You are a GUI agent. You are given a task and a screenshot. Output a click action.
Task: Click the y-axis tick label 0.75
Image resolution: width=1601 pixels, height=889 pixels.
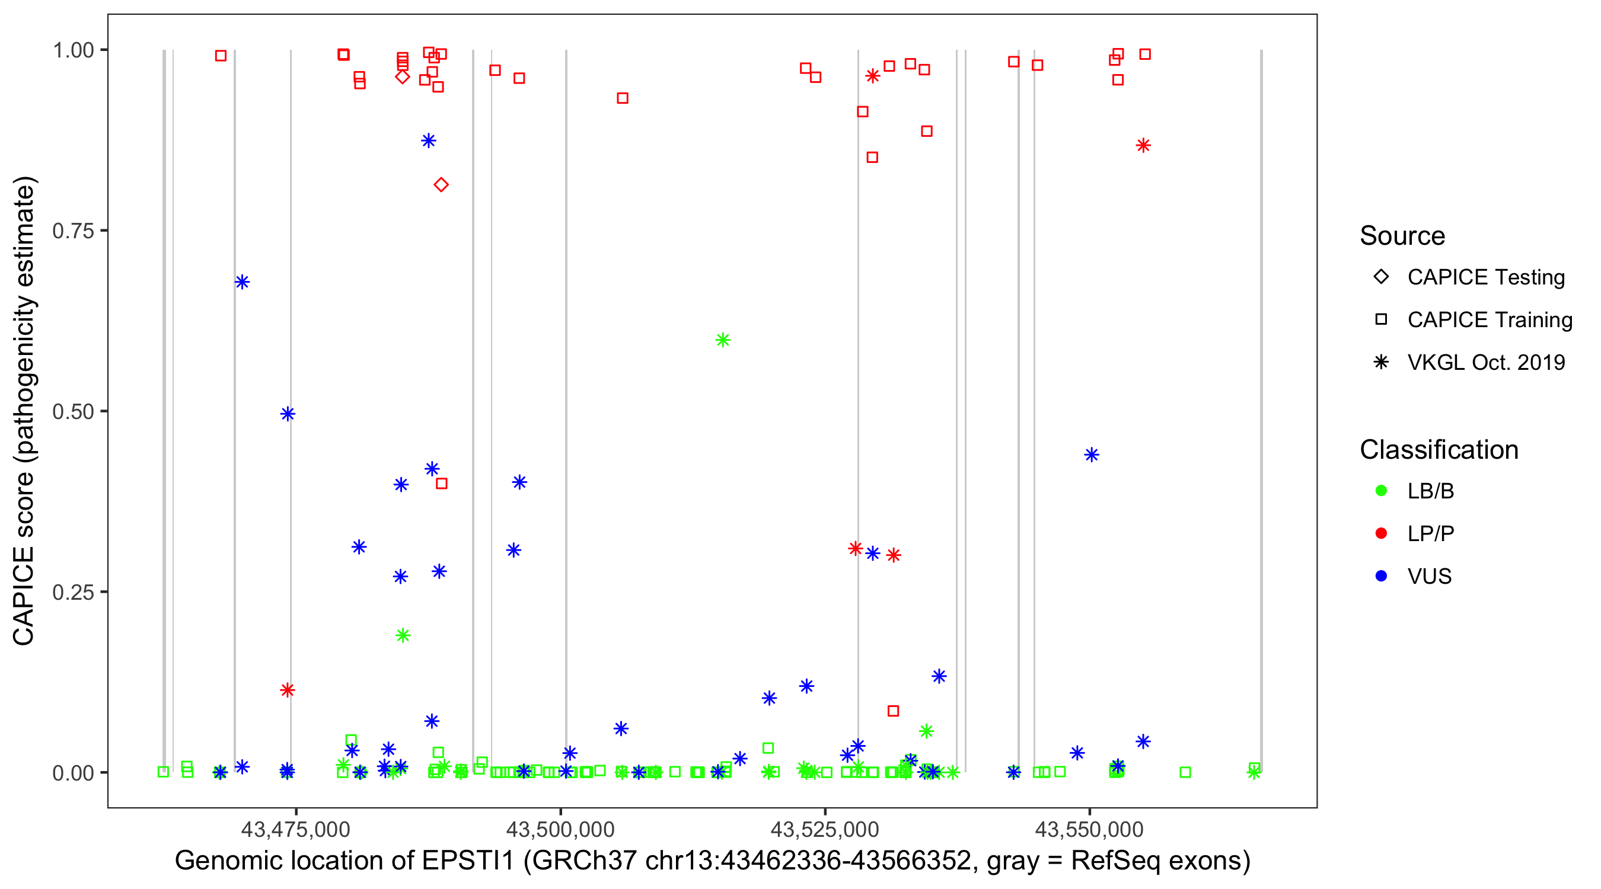point(72,231)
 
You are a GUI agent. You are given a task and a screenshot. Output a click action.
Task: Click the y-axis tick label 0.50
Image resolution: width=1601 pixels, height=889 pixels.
point(72,412)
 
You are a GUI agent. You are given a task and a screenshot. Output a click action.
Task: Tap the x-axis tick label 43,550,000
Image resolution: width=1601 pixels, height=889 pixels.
point(1089,829)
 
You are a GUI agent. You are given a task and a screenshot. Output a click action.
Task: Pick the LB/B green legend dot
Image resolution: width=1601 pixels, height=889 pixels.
point(1381,491)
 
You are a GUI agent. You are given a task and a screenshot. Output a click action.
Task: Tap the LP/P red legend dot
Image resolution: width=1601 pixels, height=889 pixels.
point(1381,533)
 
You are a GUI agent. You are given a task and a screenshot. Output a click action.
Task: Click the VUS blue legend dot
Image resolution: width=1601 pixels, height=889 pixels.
point(1381,577)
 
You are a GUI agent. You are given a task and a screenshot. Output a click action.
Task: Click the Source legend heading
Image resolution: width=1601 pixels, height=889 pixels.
point(1402,236)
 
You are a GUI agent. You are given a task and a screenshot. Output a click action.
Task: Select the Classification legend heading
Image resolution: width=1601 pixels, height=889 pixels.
point(1439,450)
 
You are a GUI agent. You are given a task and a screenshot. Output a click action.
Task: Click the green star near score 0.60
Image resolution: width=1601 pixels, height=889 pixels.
point(722,340)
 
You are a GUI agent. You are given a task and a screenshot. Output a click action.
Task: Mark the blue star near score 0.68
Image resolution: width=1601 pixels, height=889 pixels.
point(243,282)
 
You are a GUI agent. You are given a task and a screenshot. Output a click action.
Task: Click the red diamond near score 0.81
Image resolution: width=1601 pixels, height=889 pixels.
point(441,184)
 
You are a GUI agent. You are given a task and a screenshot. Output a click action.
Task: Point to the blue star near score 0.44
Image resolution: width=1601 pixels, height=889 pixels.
point(1092,455)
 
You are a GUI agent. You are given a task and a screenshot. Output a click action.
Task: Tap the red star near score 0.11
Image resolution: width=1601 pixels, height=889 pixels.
point(287,690)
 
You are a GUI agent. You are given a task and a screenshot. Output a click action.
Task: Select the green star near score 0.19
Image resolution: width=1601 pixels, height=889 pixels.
point(403,635)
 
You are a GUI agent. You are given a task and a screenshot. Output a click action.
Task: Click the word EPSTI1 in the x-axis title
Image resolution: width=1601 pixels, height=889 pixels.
point(468,861)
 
